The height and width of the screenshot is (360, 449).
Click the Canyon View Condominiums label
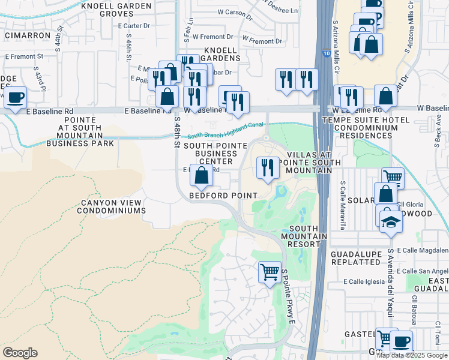(x=113, y=206)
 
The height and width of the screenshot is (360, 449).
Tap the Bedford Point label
(x=223, y=196)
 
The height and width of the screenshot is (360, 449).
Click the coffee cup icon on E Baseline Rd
(x=16, y=97)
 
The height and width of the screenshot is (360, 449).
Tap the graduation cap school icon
(x=391, y=223)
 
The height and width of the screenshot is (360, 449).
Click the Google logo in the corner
(x=20, y=353)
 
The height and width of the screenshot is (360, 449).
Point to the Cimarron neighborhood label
(x=27, y=35)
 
